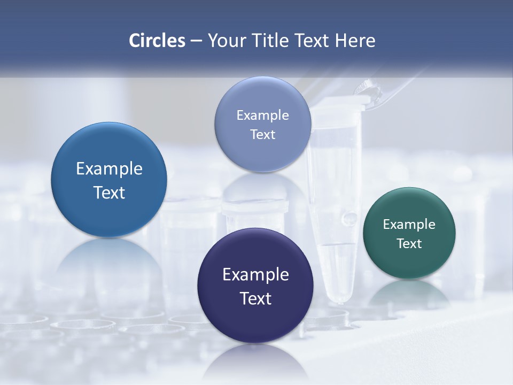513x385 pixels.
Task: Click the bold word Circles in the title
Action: pos(157,41)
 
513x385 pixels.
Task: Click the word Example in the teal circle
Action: pos(409,224)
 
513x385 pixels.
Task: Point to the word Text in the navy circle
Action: pos(255,298)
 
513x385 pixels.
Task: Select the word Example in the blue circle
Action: pos(109,168)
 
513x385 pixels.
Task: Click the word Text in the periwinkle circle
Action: pos(262,134)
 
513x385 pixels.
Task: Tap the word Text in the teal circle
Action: pos(409,244)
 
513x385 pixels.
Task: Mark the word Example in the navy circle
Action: pos(255,274)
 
